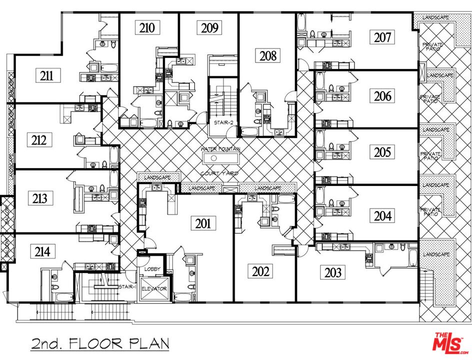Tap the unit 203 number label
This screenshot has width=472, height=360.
pos(332,272)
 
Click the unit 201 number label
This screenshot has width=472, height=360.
pos(202,223)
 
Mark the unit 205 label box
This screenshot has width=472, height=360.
pos(383,152)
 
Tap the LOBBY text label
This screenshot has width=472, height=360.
pos(152,269)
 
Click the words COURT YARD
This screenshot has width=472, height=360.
pos(219,173)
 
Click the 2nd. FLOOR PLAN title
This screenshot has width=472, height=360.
pos(99,344)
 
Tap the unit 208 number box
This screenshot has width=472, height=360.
pos(268,55)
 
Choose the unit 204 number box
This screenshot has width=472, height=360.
pos(383,215)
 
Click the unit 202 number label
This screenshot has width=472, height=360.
pos(261,271)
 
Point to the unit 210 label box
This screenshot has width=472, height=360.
pos(147,27)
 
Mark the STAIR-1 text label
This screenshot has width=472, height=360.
pos(127,287)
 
